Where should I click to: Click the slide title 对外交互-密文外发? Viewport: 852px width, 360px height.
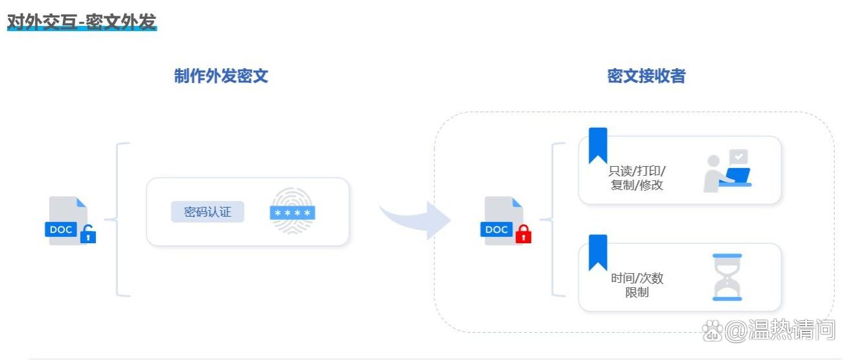click(82, 21)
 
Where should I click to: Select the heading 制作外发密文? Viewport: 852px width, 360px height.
click(221, 77)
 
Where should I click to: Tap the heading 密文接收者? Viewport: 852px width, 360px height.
click(646, 77)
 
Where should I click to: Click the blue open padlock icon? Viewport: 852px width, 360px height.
click(88, 235)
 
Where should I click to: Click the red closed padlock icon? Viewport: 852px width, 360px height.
click(523, 234)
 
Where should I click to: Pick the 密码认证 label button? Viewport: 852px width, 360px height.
click(207, 211)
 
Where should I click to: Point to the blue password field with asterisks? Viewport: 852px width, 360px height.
click(292, 213)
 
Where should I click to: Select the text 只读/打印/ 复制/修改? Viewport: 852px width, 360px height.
click(637, 178)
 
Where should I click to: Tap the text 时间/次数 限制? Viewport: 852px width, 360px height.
click(637, 285)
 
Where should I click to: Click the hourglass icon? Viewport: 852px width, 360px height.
click(727, 277)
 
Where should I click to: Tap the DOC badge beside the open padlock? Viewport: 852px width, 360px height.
click(61, 230)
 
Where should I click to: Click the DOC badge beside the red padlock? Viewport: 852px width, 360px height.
click(497, 230)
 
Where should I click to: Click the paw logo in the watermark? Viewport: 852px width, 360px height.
click(713, 331)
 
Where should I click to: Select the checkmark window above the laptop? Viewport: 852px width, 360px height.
click(739, 156)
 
